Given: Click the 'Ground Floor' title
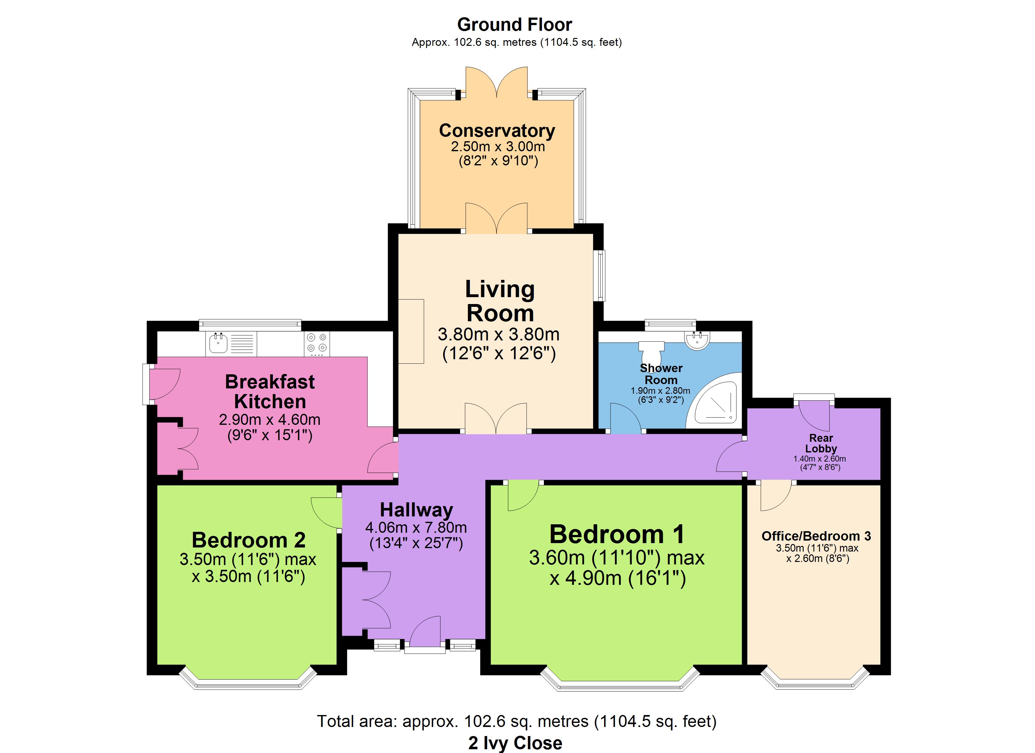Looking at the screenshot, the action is point(514,25).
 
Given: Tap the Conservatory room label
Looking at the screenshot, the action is point(497,131).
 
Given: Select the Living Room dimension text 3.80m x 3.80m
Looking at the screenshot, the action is point(499,334).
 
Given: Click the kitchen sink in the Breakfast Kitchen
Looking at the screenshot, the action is point(219,343).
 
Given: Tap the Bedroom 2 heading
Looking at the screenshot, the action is point(248,540).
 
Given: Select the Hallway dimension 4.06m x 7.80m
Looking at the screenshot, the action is point(416,527).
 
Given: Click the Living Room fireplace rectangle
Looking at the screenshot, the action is point(411,332).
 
